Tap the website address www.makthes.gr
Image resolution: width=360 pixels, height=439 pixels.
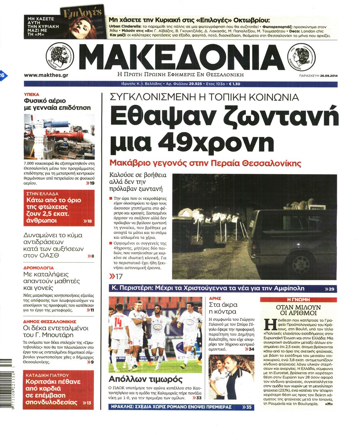46,75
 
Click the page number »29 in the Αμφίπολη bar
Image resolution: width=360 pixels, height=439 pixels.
330,289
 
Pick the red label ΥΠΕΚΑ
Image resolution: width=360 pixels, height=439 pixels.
32,94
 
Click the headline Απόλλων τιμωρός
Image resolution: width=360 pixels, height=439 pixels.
145,379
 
